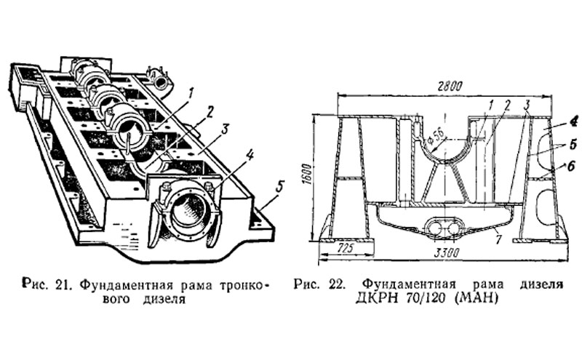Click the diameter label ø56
pyautogui.click(x=434, y=135)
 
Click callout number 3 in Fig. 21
pyautogui.click(x=226, y=129)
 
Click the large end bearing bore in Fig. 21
pyautogui.click(x=188, y=215)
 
